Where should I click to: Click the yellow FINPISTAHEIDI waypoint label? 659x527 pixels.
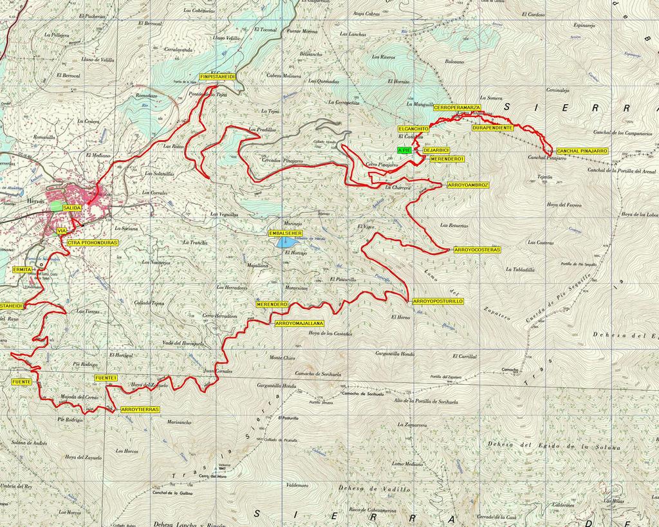pos(218,77)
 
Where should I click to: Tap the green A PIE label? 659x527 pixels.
pos(404,149)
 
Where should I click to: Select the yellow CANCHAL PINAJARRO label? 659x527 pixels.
pos(582,151)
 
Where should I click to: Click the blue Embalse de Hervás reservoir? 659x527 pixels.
pos(284,243)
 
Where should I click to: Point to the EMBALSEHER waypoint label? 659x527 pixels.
pos(285,232)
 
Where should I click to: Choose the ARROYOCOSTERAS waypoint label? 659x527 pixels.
pos(477,249)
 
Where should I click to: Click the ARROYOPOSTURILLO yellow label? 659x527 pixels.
pos(438,301)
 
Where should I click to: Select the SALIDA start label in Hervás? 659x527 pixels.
pos(72,208)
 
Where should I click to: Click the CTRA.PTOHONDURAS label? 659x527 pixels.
pos(92,243)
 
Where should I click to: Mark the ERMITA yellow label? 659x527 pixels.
pos(22,270)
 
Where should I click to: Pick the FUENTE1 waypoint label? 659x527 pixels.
pos(106,378)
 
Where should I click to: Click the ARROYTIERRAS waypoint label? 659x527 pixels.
pos(139,409)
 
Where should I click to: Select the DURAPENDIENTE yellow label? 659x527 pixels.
pos(492,128)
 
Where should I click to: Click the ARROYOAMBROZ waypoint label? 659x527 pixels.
pos(468,185)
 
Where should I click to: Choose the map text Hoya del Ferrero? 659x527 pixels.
pos(564,205)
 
